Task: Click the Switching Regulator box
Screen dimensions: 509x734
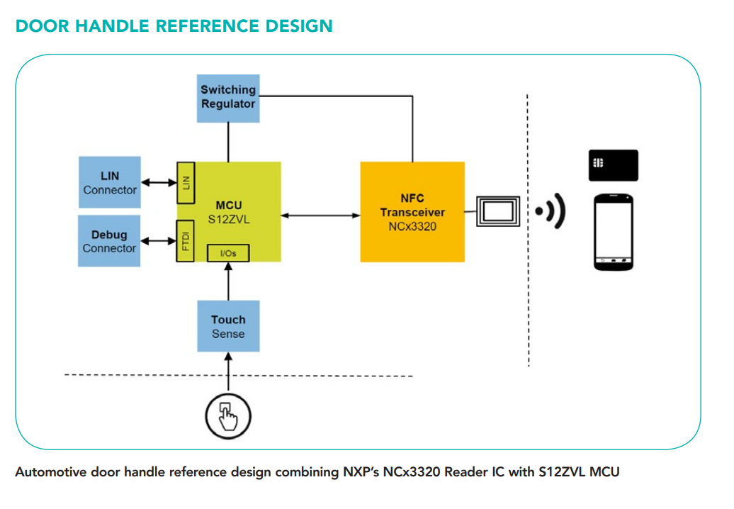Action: click(x=228, y=98)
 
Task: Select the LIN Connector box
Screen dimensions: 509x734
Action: click(x=109, y=183)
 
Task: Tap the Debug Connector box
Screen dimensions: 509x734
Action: click(x=109, y=241)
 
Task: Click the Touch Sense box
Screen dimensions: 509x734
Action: click(x=228, y=326)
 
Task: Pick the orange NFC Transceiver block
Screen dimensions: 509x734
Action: click(x=412, y=212)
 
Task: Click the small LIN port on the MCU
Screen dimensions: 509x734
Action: click(x=186, y=181)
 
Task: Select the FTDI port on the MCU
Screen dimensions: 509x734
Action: click(x=186, y=241)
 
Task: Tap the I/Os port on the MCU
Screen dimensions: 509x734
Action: click(x=227, y=252)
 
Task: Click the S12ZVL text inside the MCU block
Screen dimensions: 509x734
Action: click(x=229, y=219)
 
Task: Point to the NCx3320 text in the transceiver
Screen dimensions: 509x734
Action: click(x=412, y=227)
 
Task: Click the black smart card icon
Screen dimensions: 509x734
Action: click(x=613, y=165)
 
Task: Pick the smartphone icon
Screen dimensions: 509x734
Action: click(x=613, y=231)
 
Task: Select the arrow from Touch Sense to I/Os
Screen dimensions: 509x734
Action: click(x=228, y=281)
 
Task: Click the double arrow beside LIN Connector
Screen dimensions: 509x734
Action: click(x=157, y=183)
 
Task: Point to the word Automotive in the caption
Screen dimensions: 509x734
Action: click(x=50, y=471)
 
